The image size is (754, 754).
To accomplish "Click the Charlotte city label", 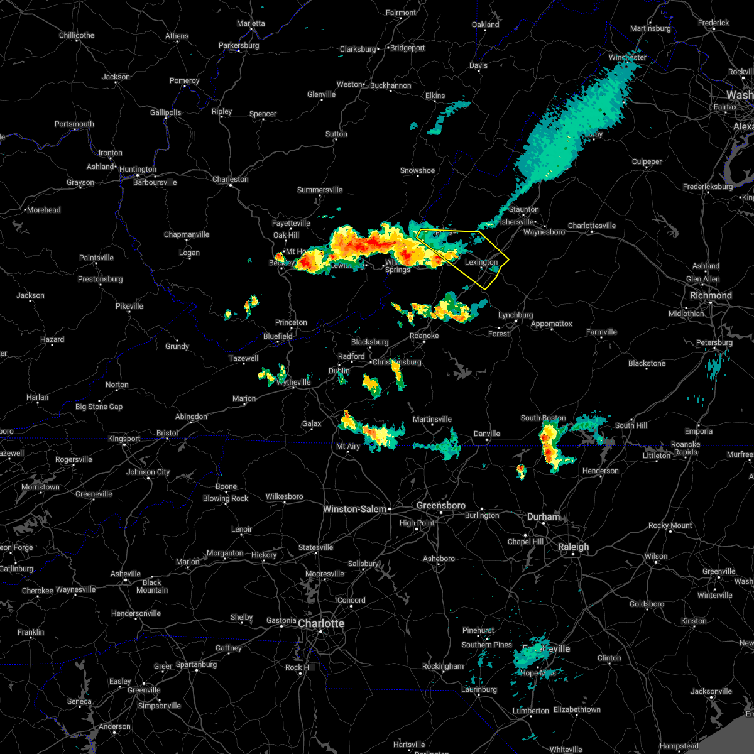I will (x=321, y=623).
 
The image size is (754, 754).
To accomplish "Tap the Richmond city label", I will (x=711, y=295).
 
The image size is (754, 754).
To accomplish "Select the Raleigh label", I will (x=574, y=547).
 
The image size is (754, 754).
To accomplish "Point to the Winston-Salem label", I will (x=354, y=509).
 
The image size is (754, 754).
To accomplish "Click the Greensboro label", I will (x=441, y=505).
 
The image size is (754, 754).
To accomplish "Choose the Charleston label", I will (x=230, y=179).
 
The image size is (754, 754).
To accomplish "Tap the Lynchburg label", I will (x=515, y=315).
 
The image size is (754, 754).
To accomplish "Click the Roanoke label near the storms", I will (x=424, y=336).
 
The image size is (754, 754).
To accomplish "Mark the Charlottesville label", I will (x=592, y=226).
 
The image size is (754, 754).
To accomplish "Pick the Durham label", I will (x=544, y=516).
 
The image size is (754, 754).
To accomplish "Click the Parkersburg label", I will (x=239, y=45).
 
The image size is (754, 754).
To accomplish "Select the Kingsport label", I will (x=124, y=439).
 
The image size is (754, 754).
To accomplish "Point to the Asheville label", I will (x=126, y=574).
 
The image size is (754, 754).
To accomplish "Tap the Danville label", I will (x=487, y=434).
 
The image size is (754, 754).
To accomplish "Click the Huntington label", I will (x=138, y=169).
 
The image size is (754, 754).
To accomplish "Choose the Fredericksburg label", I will (x=708, y=187).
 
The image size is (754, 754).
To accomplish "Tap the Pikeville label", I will (x=129, y=306).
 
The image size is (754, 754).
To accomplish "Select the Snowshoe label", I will (x=417, y=170).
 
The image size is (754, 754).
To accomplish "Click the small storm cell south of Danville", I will (x=520, y=471).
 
